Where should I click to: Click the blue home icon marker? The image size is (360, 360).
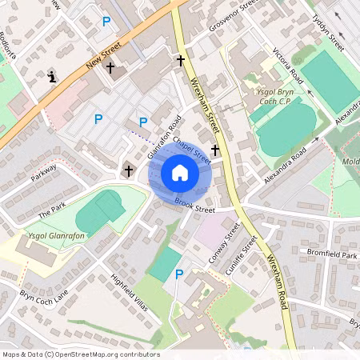[180, 173]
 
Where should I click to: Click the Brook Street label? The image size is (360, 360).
[194, 206]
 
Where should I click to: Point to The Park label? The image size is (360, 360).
[52, 212]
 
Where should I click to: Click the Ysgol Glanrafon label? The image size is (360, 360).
[52, 234]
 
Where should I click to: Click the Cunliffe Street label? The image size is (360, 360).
[241, 255]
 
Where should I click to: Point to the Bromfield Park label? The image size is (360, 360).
[330, 254]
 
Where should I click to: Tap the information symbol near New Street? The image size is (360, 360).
[52, 77]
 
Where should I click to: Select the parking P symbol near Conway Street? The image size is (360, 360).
[178, 274]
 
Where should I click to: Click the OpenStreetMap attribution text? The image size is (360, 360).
[81, 354]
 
